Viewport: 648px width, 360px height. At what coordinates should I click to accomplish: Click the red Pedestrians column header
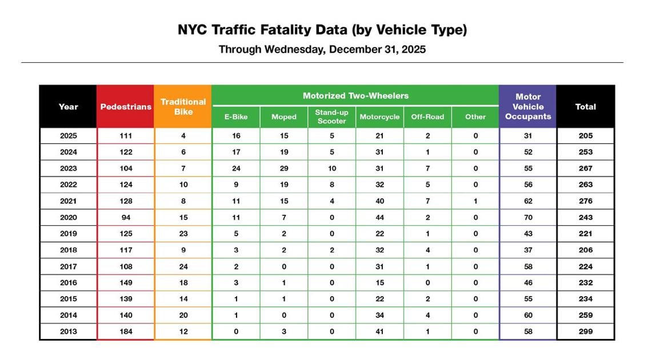(126, 107)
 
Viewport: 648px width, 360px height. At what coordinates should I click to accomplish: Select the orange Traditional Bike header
(183, 107)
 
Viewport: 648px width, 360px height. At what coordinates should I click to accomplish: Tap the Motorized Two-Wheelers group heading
(355, 95)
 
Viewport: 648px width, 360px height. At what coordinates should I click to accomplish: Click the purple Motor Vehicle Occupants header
(527, 107)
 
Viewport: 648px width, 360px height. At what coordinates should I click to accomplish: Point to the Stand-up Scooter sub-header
(331, 117)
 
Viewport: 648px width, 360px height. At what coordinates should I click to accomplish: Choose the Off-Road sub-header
(427, 117)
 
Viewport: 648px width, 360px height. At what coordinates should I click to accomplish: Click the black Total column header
(585, 107)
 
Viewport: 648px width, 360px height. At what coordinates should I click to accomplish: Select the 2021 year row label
(68, 201)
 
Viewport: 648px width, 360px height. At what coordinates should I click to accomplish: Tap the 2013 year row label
(68, 331)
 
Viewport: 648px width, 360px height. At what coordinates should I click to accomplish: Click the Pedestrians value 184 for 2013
(126, 331)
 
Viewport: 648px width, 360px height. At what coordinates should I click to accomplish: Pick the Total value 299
(585, 331)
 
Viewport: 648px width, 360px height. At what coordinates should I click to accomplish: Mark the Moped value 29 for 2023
(283, 169)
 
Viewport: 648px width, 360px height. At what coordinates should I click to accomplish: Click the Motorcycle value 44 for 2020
(379, 217)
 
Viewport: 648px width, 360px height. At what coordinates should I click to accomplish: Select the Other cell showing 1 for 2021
(475, 201)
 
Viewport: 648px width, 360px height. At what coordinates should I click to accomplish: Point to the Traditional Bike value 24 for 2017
(183, 266)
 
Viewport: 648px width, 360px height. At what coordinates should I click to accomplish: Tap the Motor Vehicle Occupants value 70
(527, 217)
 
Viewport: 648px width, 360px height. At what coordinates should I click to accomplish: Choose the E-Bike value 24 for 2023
(235, 169)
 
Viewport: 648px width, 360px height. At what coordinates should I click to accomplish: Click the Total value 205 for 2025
(585, 136)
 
